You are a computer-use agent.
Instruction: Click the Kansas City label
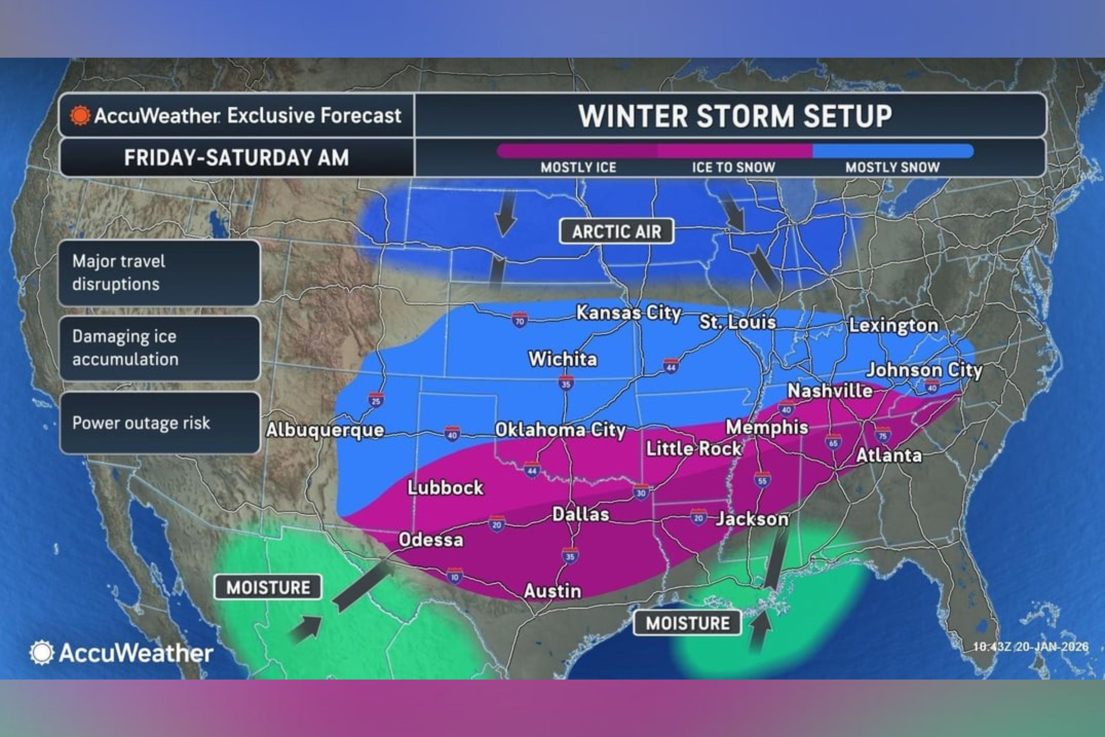coord(628,313)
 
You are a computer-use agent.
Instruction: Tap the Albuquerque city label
coord(325,430)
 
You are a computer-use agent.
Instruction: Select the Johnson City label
coord(924,370)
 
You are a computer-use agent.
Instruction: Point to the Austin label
coord(552,591)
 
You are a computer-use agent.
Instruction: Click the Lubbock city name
coord(445,488)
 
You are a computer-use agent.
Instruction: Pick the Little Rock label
coord(694,448)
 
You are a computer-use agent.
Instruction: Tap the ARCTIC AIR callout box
coord(616,231)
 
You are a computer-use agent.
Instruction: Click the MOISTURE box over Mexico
coord(268,587)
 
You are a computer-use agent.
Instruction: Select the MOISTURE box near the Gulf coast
coord(687,623)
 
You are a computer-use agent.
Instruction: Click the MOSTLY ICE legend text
coord(578,167)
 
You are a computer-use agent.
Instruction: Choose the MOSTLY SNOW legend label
coord(892,167)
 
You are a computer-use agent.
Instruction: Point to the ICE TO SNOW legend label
coord(733,167)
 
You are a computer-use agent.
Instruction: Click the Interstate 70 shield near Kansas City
coord(519,321)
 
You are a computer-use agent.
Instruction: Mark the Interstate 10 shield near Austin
coord(454,576)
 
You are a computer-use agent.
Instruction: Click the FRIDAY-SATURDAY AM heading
coord(236,157)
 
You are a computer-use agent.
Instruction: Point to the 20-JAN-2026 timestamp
coord(1030,647)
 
